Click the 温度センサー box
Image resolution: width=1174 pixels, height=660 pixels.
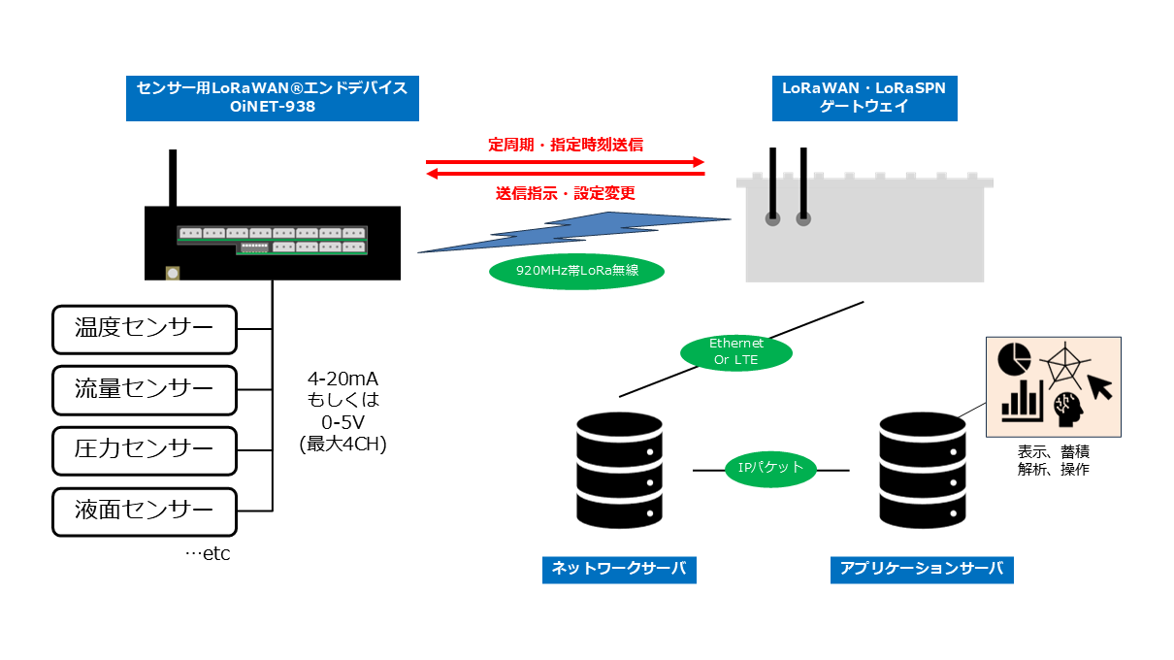144,329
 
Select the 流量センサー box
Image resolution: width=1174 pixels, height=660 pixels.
144,389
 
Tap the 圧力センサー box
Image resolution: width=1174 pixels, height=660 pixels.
144,449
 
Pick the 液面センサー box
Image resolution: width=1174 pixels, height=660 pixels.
144,510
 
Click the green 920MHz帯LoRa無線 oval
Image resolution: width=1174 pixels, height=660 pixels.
577,271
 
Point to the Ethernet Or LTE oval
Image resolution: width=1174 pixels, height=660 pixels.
736,351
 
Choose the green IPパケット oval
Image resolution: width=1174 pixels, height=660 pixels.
771,468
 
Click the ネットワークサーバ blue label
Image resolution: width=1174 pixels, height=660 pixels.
619,569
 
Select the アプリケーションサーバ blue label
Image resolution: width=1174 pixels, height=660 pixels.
922,569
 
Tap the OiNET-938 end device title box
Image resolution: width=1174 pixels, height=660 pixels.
273,98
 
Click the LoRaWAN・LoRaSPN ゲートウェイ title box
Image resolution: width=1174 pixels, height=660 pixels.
864,98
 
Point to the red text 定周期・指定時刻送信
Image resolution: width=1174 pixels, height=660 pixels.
566,146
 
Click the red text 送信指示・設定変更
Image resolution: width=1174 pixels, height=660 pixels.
566,193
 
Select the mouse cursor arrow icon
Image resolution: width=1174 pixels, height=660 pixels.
1100,387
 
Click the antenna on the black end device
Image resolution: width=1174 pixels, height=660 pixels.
173,178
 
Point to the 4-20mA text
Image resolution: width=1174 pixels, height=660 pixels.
343,379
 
